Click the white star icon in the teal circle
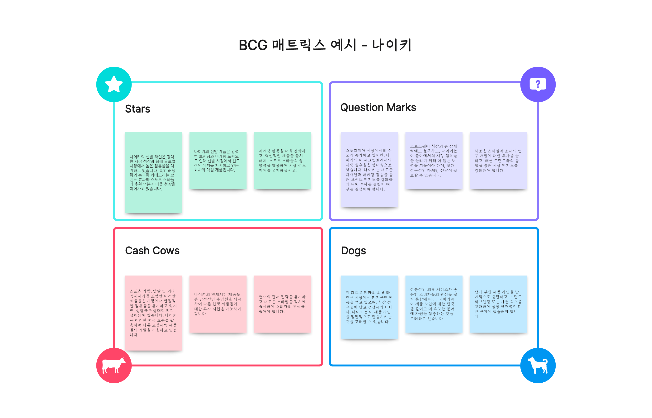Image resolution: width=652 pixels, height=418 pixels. [114, 84]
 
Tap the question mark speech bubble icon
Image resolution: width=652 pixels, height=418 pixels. [538, 84]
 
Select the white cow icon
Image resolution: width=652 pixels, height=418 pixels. [114, 365]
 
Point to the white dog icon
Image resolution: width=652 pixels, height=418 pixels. [538, 365]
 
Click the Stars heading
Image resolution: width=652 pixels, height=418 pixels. [137, 109]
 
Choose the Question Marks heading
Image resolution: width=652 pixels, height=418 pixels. [378, 108]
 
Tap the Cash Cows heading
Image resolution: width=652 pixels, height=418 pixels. [152, 251]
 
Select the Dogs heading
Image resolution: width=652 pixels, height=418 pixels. [353, 251]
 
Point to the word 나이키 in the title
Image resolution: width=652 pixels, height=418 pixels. [392, 45]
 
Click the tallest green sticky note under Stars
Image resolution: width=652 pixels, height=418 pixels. [153, 173]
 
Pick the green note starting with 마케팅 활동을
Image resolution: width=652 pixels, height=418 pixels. [282, 161]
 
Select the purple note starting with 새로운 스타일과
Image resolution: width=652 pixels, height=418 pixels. [498, 161]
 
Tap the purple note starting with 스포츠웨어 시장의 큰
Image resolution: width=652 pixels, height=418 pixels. [434, 161]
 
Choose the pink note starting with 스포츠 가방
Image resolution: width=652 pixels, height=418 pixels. [153, 313]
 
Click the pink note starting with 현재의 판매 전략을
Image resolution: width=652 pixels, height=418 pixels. [282, 304]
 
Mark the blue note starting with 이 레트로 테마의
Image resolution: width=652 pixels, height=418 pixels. [369, 307]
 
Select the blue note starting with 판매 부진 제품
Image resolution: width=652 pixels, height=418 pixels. [498, 304]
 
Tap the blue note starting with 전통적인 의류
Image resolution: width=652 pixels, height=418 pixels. [434, 304]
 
